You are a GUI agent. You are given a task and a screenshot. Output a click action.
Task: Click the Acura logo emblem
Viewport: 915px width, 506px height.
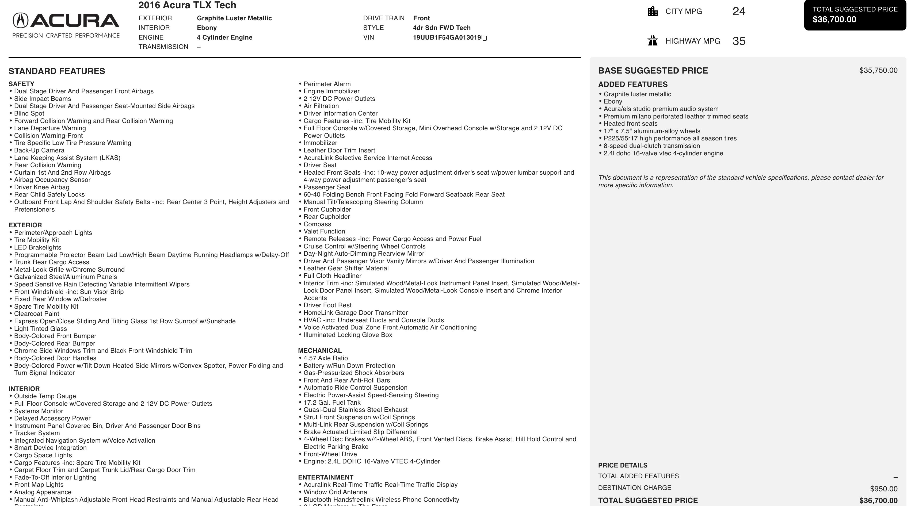[x=21, y=20]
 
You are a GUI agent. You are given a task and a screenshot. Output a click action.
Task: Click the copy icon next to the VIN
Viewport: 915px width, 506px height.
[x=484, y=38]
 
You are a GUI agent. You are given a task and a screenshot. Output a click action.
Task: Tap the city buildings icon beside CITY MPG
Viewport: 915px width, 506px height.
[x=653, y=11]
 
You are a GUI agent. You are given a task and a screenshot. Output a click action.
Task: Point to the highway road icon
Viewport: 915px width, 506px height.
[x=653, y=40]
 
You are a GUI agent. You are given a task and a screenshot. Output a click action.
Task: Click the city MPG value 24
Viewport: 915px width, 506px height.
[x=738, y=11]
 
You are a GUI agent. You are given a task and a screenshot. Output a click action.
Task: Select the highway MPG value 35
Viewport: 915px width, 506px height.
[x=738, y=41]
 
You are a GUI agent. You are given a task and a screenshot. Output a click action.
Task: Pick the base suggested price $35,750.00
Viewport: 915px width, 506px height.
[x=878, y=70]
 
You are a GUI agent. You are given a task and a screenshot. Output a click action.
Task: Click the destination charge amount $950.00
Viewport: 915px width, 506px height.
[x=883, y=489]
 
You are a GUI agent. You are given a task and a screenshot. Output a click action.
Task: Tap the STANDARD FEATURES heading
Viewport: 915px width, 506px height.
[x=57, y=71]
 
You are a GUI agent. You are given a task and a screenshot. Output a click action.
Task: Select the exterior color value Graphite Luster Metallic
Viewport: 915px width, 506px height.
[x=234, y=18]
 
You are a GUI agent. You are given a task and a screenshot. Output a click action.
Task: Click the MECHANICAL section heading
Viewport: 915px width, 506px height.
[x=320, y=350]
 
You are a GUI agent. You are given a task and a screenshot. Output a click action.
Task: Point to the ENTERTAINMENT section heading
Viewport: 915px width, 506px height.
[x=325, y=477]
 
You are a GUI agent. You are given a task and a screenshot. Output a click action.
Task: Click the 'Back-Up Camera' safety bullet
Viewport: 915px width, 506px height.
[x=39, y=150]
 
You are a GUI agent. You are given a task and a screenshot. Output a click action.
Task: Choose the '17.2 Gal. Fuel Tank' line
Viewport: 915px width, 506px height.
[x=332, y=402]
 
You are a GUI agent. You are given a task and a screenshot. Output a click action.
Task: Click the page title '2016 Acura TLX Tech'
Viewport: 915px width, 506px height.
[x=187, y=5]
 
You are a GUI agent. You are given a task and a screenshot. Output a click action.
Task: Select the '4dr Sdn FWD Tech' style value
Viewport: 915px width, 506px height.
[x=441, y=28]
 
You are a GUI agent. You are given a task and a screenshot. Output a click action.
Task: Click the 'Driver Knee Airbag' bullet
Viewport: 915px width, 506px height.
[x=41, y=187]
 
